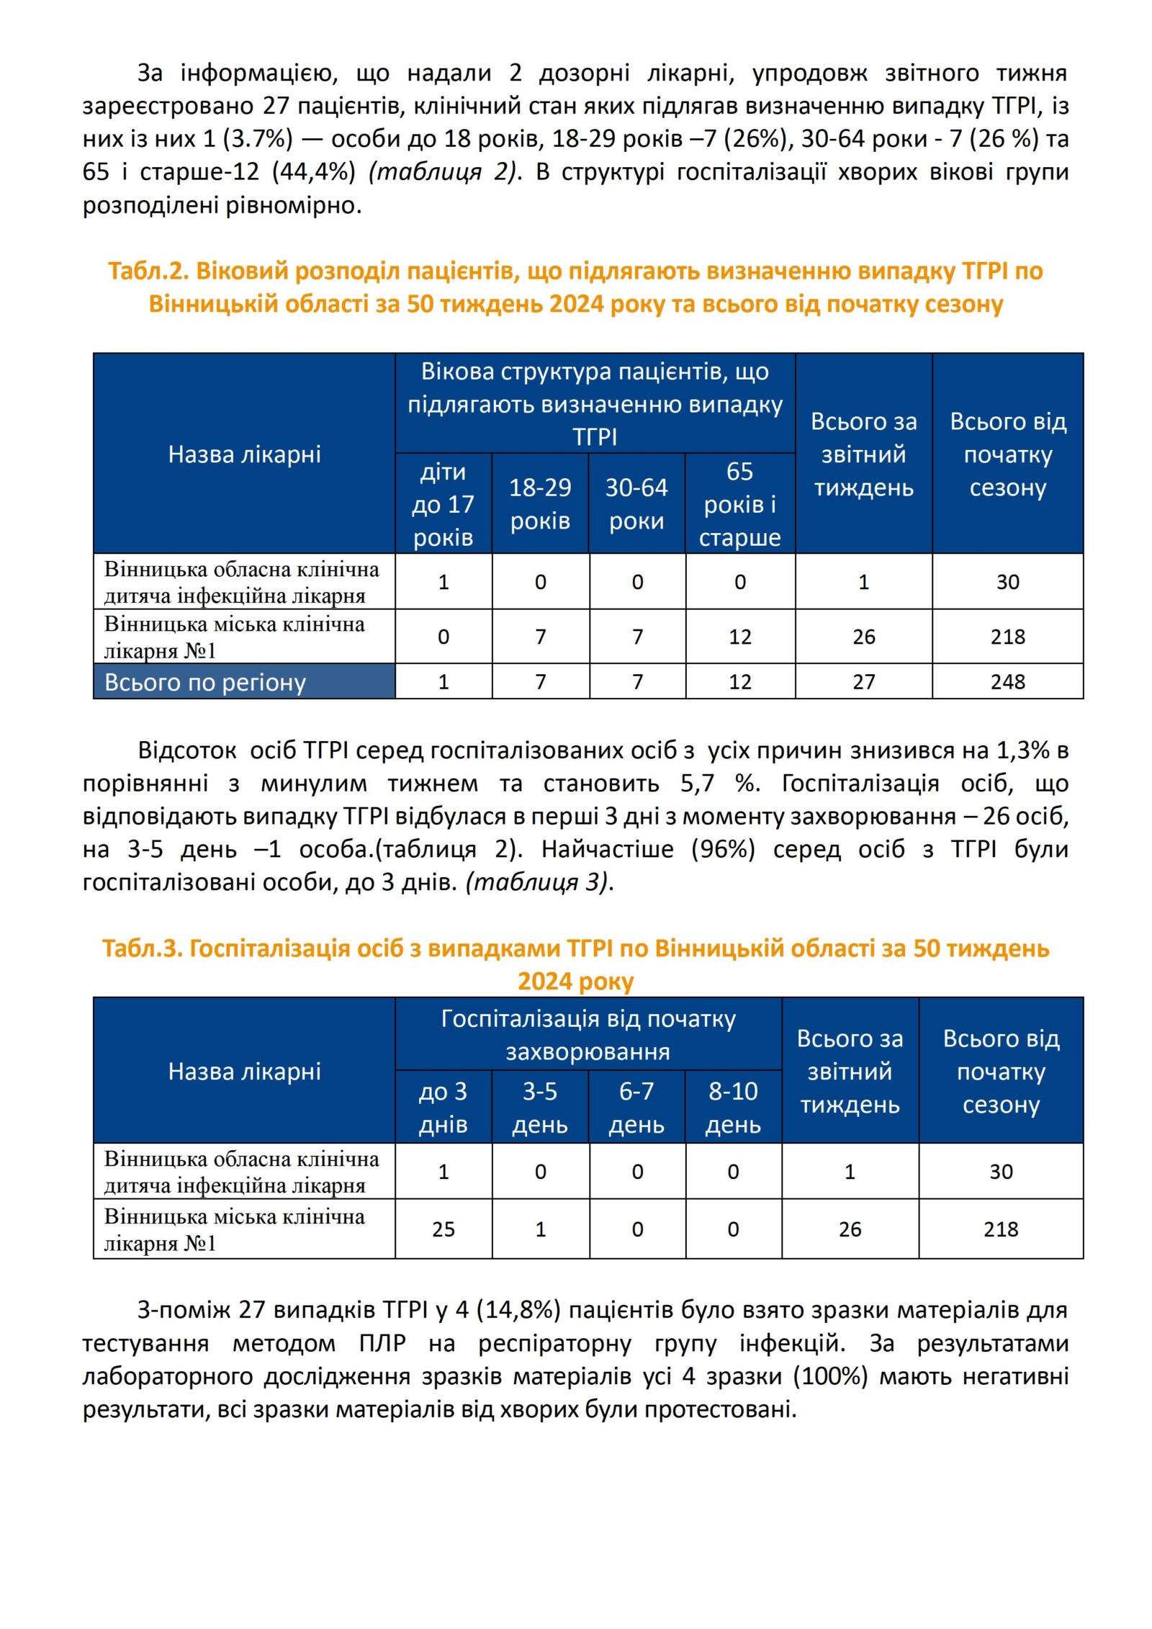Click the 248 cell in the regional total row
point(1007,681)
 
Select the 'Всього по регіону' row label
point(205,682)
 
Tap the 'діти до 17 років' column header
point(443,504)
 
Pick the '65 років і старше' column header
point(739,504)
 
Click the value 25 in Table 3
point(443,1229)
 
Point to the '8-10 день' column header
point(732,1108)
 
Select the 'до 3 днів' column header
point(443,1108)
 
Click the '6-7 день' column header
point(636,1108)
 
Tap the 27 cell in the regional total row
point(863,681)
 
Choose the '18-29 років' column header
point(540,504)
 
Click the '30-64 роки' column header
point(636,504)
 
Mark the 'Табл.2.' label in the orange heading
point(148,271)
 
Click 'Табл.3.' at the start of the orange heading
point(142,948)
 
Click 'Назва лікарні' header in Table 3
point(244,1072)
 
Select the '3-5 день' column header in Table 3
point(540,1108)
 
